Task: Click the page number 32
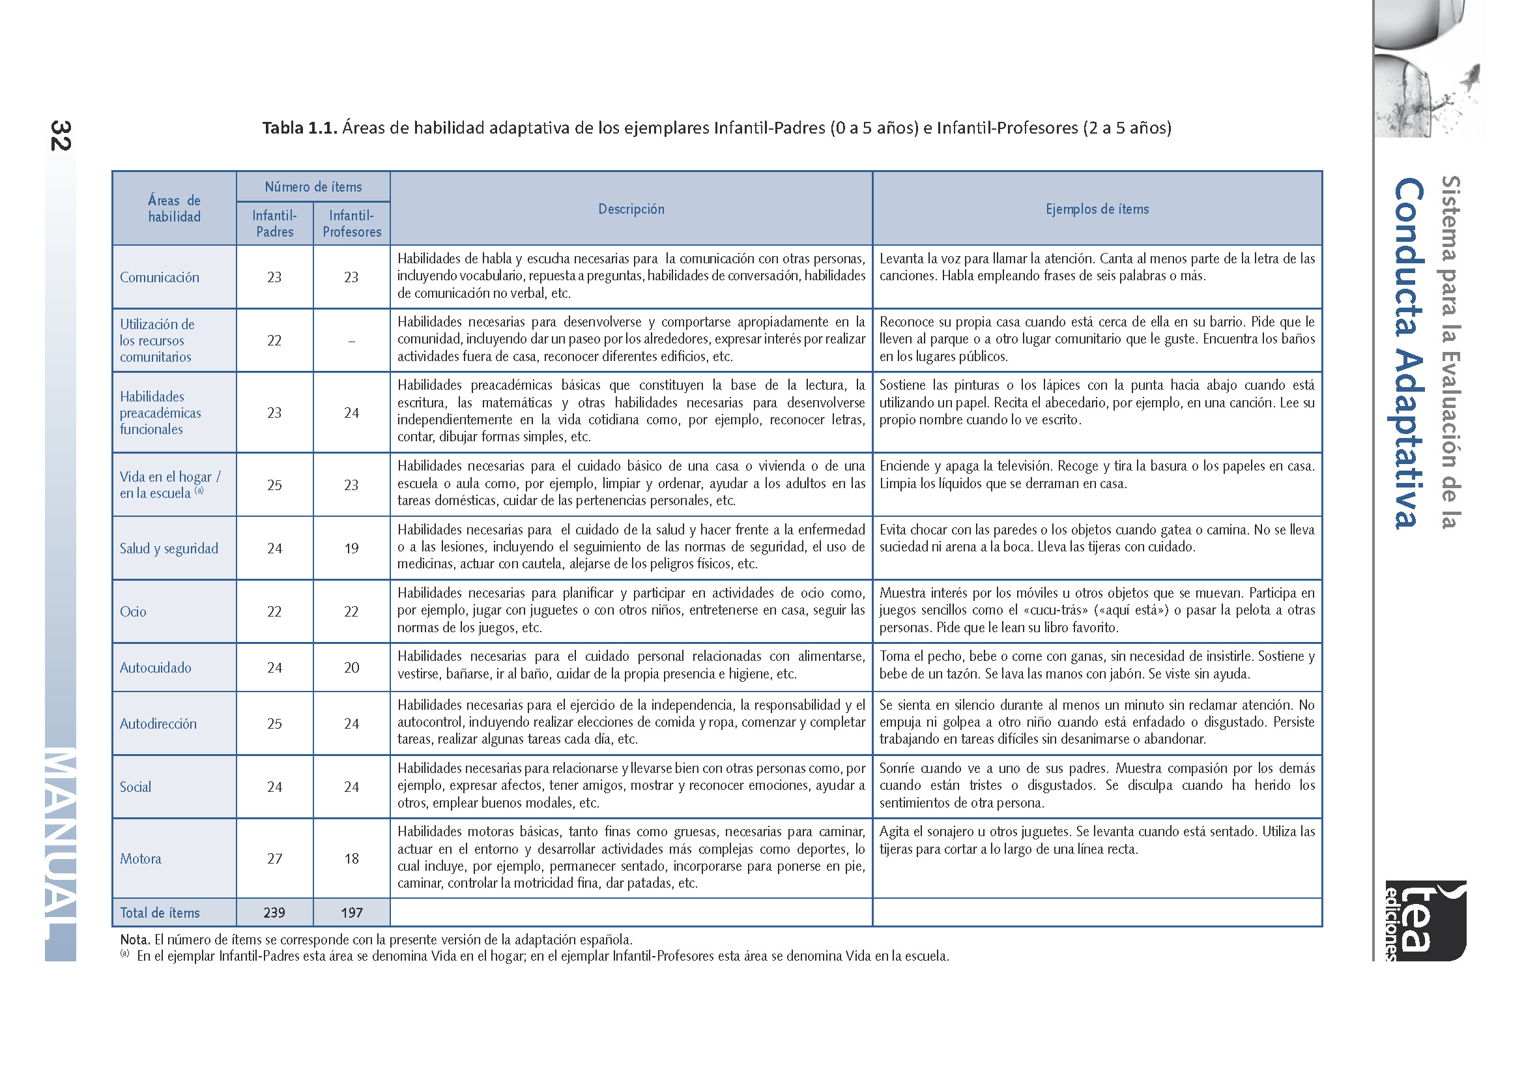click(x=61, y=136)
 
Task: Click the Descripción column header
click(x=631, y=209)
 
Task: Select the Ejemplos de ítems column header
click(x=1097, y=209)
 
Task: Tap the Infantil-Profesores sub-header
click(x=352, y=224)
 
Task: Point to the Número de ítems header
click(x=313, y=187)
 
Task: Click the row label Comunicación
click(x=159, y=278)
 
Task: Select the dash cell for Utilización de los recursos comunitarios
click(x=352, y=341)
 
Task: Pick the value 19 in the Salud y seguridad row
click(x=352, y=548)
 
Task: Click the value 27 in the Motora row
click(x=275, y=858)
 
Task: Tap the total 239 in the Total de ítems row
click(x=275, y=912)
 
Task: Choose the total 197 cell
click(x=352, y=912)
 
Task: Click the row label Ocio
click(x=134, y=611)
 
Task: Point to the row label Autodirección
click(x=158, y=723)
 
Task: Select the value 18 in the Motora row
click(x=352, y=858)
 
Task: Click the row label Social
click(x=136, y=787)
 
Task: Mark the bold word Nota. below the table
click(x=135, y=939)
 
